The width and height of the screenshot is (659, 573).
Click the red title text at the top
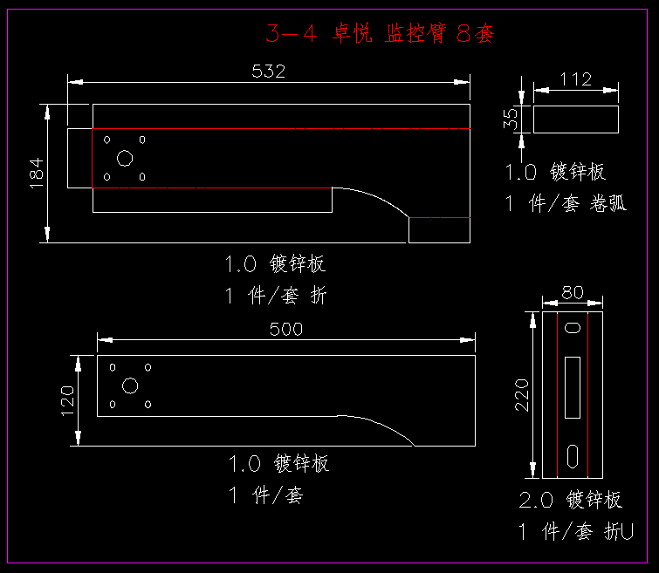[x=381, y=34]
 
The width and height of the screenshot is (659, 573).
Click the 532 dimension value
[x=268, y=72]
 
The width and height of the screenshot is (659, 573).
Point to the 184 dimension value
[x=36, y=172]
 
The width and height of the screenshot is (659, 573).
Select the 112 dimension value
[x=575, y=79]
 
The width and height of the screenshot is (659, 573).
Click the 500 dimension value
[x=286, y=329]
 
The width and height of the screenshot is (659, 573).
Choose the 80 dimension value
[x=573, y=293]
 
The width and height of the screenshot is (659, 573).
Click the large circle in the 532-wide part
[x=125, y=158]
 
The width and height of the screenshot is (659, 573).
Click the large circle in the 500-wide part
[x=131, y=385]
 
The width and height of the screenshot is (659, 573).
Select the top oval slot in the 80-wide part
[x=573, y=328]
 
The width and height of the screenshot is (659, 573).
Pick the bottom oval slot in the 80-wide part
[x=573, y=454]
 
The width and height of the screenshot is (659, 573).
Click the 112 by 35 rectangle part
[x=576, y=119]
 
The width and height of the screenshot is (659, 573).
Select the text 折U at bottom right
[x=619, y=531]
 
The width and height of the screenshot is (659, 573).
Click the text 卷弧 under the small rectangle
[x=608, y=204]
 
